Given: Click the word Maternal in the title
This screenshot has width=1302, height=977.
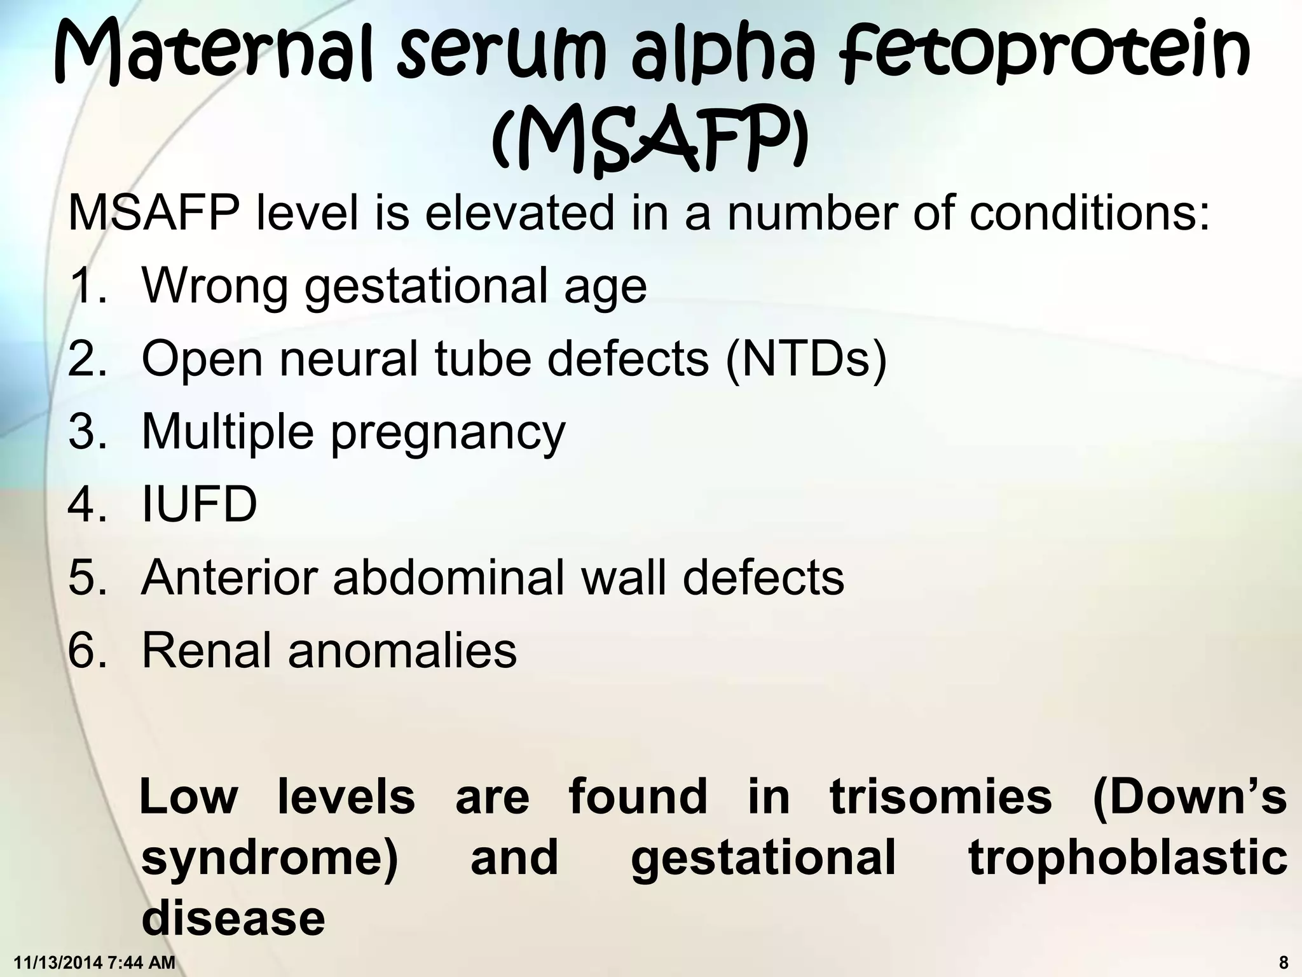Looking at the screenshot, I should point(216,54).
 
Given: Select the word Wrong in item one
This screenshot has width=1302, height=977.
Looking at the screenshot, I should point(214,286).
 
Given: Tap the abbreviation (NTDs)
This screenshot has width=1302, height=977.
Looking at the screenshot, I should point(805,359).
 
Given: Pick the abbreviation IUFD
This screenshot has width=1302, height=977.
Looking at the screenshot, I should point(199,504).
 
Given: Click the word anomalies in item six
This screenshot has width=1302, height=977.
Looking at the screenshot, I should point(402,650).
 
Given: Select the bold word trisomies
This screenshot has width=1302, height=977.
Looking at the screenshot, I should point(940,796).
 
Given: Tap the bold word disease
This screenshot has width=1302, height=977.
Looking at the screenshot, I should point(233,918).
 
